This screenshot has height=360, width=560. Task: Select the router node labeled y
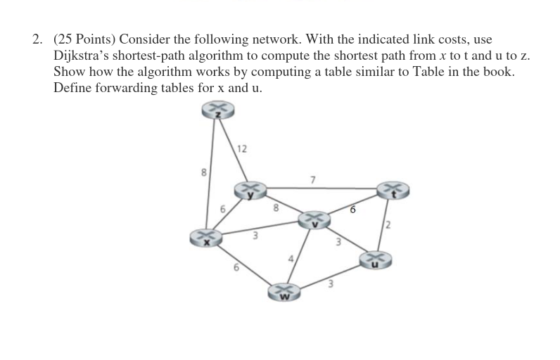coord(250,190)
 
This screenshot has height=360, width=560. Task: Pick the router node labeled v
coord(314,220)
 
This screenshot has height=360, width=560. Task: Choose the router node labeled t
coord(391,189)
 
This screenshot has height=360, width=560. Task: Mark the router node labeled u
coord(374,259)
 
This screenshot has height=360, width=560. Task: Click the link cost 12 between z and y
coord(242,148)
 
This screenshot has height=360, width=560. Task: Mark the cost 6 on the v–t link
coord(352,210)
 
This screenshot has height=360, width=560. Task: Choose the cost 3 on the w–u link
coord(328,285)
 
